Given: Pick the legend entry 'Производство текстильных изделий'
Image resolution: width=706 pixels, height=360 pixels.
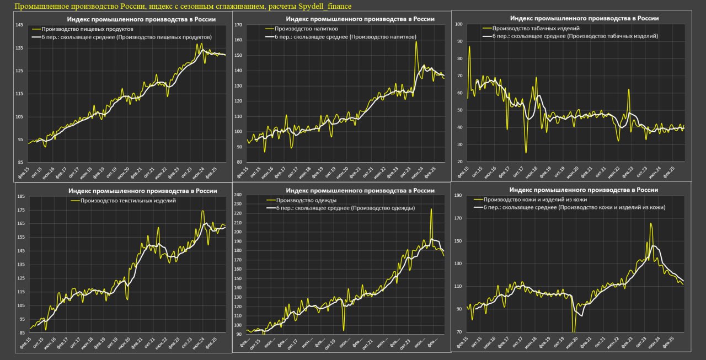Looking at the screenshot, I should (x=128, y=200).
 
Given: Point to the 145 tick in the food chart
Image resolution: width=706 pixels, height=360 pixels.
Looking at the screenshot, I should (x=19, y=25).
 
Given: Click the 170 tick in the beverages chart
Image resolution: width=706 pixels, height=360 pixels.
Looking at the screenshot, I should (x=239, y=25).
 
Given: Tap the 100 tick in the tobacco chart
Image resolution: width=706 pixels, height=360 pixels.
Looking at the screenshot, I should (x=458, y=25).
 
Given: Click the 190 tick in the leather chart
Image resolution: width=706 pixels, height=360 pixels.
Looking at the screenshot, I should (x=458, y=196).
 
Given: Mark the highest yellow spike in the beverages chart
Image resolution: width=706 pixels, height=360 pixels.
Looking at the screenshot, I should (x=416, y=42).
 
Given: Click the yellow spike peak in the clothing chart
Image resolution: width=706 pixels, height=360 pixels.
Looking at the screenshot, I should (x=431, y=209).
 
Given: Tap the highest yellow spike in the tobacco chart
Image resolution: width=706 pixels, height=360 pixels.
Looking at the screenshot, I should (x=469, y=46).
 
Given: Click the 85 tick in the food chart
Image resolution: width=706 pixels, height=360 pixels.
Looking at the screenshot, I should (x=19, y=162).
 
